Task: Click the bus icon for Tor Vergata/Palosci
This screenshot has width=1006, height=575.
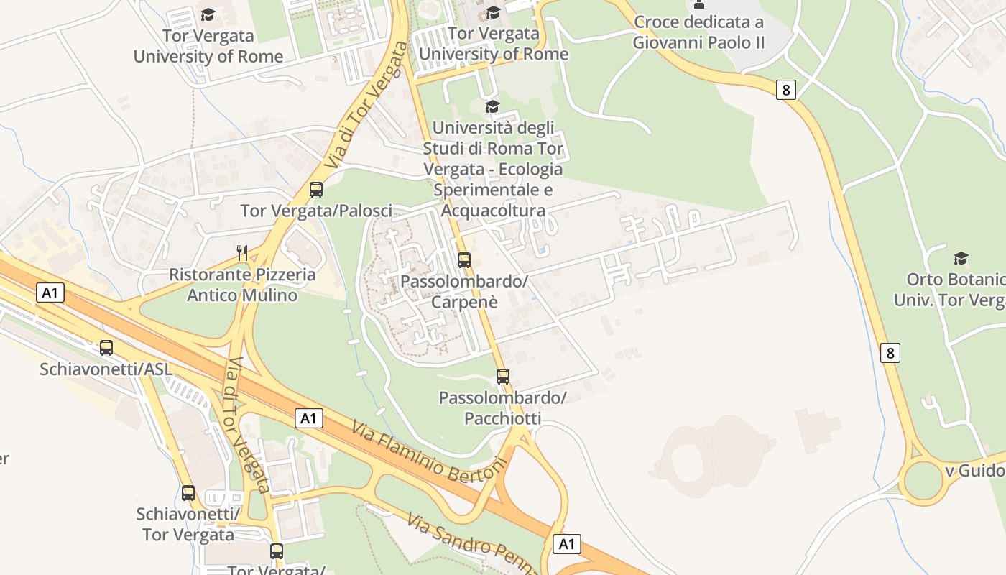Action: (x=316, y=190)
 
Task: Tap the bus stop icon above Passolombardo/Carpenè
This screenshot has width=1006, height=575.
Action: (x=464, y=260)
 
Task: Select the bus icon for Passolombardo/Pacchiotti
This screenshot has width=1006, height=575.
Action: (x=503, y=377)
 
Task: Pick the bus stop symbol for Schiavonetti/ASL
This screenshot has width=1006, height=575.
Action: (x=106, y=348)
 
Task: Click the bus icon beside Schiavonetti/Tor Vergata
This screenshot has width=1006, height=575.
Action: (x=188, y=493)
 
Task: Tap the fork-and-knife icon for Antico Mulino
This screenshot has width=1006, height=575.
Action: (x=242, y=253)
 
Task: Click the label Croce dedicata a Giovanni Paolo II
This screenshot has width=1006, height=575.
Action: (x=698, y=32)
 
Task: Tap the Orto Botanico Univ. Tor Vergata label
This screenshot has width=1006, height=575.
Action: (x=949, y=290)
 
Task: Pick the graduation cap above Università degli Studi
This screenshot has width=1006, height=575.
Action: (x=492, y=107)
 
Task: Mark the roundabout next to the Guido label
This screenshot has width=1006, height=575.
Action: (x=923, y=480)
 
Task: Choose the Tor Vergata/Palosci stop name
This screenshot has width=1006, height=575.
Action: (x=316, y=211)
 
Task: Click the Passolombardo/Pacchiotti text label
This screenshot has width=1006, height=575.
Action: (x=502, y=408)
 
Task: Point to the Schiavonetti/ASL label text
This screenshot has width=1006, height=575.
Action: (x=106, y=369)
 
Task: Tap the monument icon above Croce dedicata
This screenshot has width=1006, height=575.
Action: (x=698, y=4)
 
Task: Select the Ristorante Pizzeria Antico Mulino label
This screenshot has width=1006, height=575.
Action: (x=242, y=285)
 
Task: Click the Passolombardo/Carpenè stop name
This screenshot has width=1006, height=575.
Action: (x=464, y=291)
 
